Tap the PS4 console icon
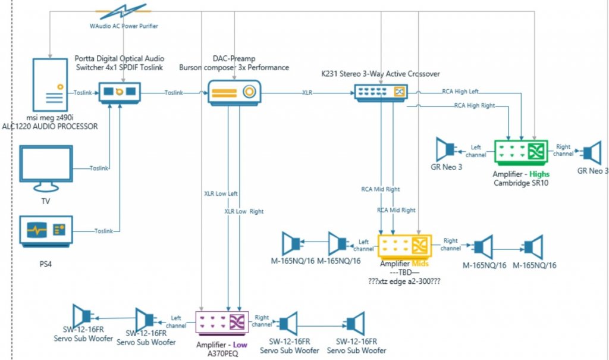click(x=45, y=231)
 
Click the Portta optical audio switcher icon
click(x=120, y=92)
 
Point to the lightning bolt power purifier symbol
click(x=124, y=12)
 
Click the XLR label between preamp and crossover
click(x=307, y=93)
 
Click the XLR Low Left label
click(x=221, y=193)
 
